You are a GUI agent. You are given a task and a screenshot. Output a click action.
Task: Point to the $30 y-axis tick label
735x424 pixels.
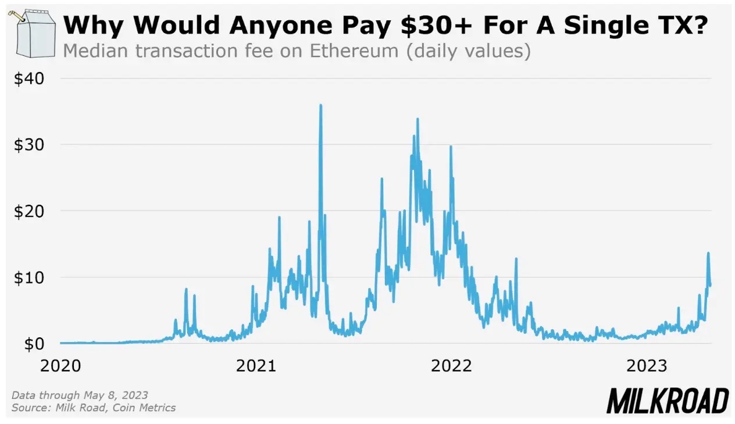29,145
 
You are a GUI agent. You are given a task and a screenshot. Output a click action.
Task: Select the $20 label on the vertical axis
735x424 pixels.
29,211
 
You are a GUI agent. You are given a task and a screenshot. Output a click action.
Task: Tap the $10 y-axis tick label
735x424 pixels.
29,277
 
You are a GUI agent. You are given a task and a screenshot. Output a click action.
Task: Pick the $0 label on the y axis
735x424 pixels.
34,344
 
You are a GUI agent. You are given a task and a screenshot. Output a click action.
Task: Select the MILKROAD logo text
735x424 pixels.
667,401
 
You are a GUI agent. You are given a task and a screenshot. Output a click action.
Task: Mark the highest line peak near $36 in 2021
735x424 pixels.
320,105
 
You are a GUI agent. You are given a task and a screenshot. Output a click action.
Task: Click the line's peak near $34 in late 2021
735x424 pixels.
418,119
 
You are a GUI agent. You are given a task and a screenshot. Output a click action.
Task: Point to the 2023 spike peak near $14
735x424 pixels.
708,253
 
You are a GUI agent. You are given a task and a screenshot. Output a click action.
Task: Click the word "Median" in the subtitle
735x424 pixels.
93,51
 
